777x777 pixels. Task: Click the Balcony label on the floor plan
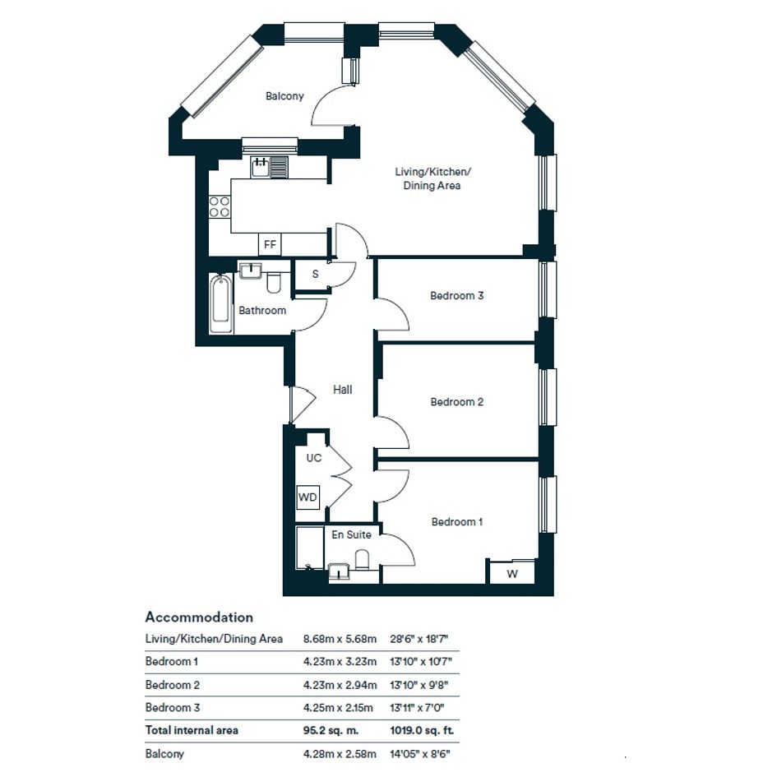pyautogui.click(x=284, y=96)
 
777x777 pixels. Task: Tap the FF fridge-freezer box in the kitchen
pyautogui.click(x=270, y=244)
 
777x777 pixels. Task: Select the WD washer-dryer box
pyautogui.click(x=308, y=497)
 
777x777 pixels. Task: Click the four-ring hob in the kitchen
pyautogui.click(x=220, y=206)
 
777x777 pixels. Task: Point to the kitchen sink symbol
pyautogui.click(x=270, y=166)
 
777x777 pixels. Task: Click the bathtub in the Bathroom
pyautogui.click(x=221, y=303)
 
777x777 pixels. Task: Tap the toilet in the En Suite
pyautogui.click(x=363, y=559)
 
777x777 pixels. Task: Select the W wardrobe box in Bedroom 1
pyautogui.click(x=512, y=573)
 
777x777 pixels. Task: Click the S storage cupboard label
pyautogui.click(x=315, y=274)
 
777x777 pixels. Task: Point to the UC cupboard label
pyautogui.click(x=313, y=458)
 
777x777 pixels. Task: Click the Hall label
pyautogui.click(x=342, y=390)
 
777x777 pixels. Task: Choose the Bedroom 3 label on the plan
pyautogui.click(x=456, y=296)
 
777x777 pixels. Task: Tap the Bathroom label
pyautogui.click(x=262, y=311)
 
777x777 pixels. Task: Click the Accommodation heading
pyautogui.click(x=199, y=617)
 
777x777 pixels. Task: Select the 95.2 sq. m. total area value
pyautogui.click(x=331, y=730)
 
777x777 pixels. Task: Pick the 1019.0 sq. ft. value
pyautogui.click(x=422, y=730)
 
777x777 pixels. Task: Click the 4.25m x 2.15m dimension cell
pyautogui.click(x=338, y=708)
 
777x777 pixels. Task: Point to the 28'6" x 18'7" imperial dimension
pyautogui.click(x=419, y=639)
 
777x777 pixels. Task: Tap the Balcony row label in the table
pyautogui.click(x=164, y=754)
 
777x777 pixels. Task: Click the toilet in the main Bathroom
pyautogui.click(x=274, y=283)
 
